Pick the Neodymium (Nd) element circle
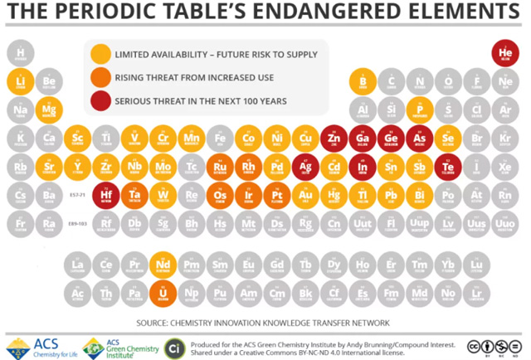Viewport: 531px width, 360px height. (163, 265)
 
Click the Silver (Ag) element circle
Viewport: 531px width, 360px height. (305, 166)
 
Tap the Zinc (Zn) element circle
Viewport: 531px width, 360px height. (334, 138)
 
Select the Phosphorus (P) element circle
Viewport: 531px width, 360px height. (419, 110)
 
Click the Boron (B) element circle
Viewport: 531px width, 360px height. (362, 83)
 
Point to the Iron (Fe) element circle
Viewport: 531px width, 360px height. (220, 138)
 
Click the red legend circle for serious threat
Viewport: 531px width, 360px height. (100, 100)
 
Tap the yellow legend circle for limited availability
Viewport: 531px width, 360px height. (100, 55)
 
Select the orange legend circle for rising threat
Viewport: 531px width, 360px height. (100, 78)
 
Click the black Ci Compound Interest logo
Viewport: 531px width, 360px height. (174, 347)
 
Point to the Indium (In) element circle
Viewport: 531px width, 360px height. (362, 166)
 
